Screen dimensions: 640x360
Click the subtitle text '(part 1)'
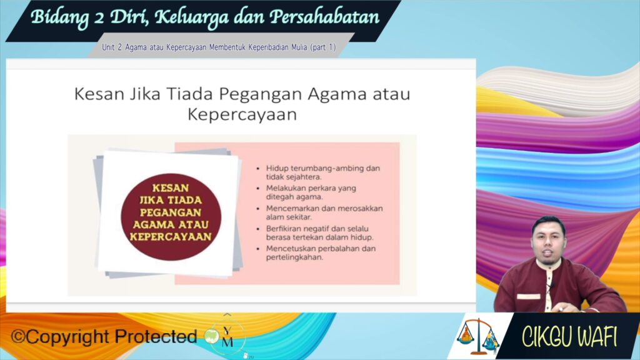[323, 47]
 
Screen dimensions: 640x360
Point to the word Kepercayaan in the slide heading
[242, 115]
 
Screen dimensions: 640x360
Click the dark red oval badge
[171, 217]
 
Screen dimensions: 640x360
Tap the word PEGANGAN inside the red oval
[171, 212]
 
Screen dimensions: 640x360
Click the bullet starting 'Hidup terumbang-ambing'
[323, 172]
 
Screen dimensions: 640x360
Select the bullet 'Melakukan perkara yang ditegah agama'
[311, 192]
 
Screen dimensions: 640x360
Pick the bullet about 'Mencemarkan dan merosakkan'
[324, 212]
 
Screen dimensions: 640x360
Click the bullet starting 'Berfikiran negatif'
[319, 232]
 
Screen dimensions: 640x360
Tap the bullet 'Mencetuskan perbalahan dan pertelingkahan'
[321, 252]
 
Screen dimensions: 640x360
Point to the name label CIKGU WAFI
[569, 337]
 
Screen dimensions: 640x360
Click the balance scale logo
[477, 336]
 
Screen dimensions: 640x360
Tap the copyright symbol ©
[18, 337]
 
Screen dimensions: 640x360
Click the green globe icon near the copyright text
[212, 336]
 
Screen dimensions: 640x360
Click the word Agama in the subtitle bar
[136, 47]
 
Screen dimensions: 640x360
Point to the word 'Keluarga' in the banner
[191, 17]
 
